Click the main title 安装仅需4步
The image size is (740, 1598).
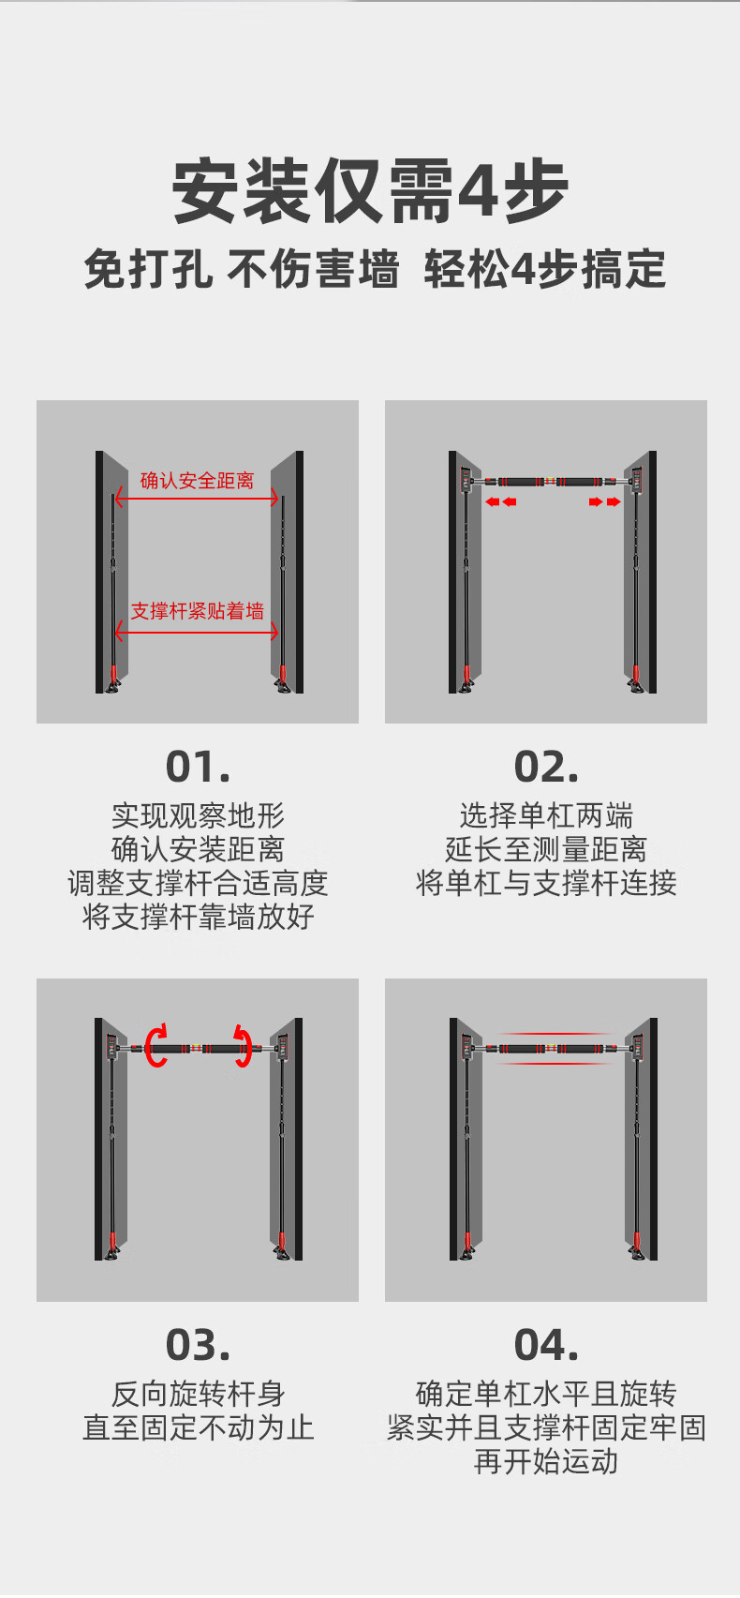click(370, 191)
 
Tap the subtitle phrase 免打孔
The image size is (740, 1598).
click(148, 269)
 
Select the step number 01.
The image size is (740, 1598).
click(198, 767)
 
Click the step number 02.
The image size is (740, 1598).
click(546, 767)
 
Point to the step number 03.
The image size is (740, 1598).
click(198, 1345)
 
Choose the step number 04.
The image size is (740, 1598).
click(546, 1345)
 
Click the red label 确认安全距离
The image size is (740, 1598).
click(197, 481)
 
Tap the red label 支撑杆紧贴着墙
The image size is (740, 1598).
click(197, 611)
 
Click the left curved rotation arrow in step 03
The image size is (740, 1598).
click(156, 1046)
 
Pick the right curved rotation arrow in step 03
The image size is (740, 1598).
click(244, 1047)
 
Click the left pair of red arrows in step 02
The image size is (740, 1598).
click(500, 502)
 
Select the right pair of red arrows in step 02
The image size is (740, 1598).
click(604, 502)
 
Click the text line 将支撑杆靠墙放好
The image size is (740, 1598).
click(198, 917)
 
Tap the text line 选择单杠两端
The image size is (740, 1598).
click(546, 814)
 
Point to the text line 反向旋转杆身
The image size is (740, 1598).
click(198, 1394)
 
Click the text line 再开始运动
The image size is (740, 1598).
click(546, 1461)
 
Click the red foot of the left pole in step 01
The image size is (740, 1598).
click(112, 675)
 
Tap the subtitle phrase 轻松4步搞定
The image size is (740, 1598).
click(544, 269)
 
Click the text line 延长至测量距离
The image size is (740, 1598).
click(546, 849)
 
